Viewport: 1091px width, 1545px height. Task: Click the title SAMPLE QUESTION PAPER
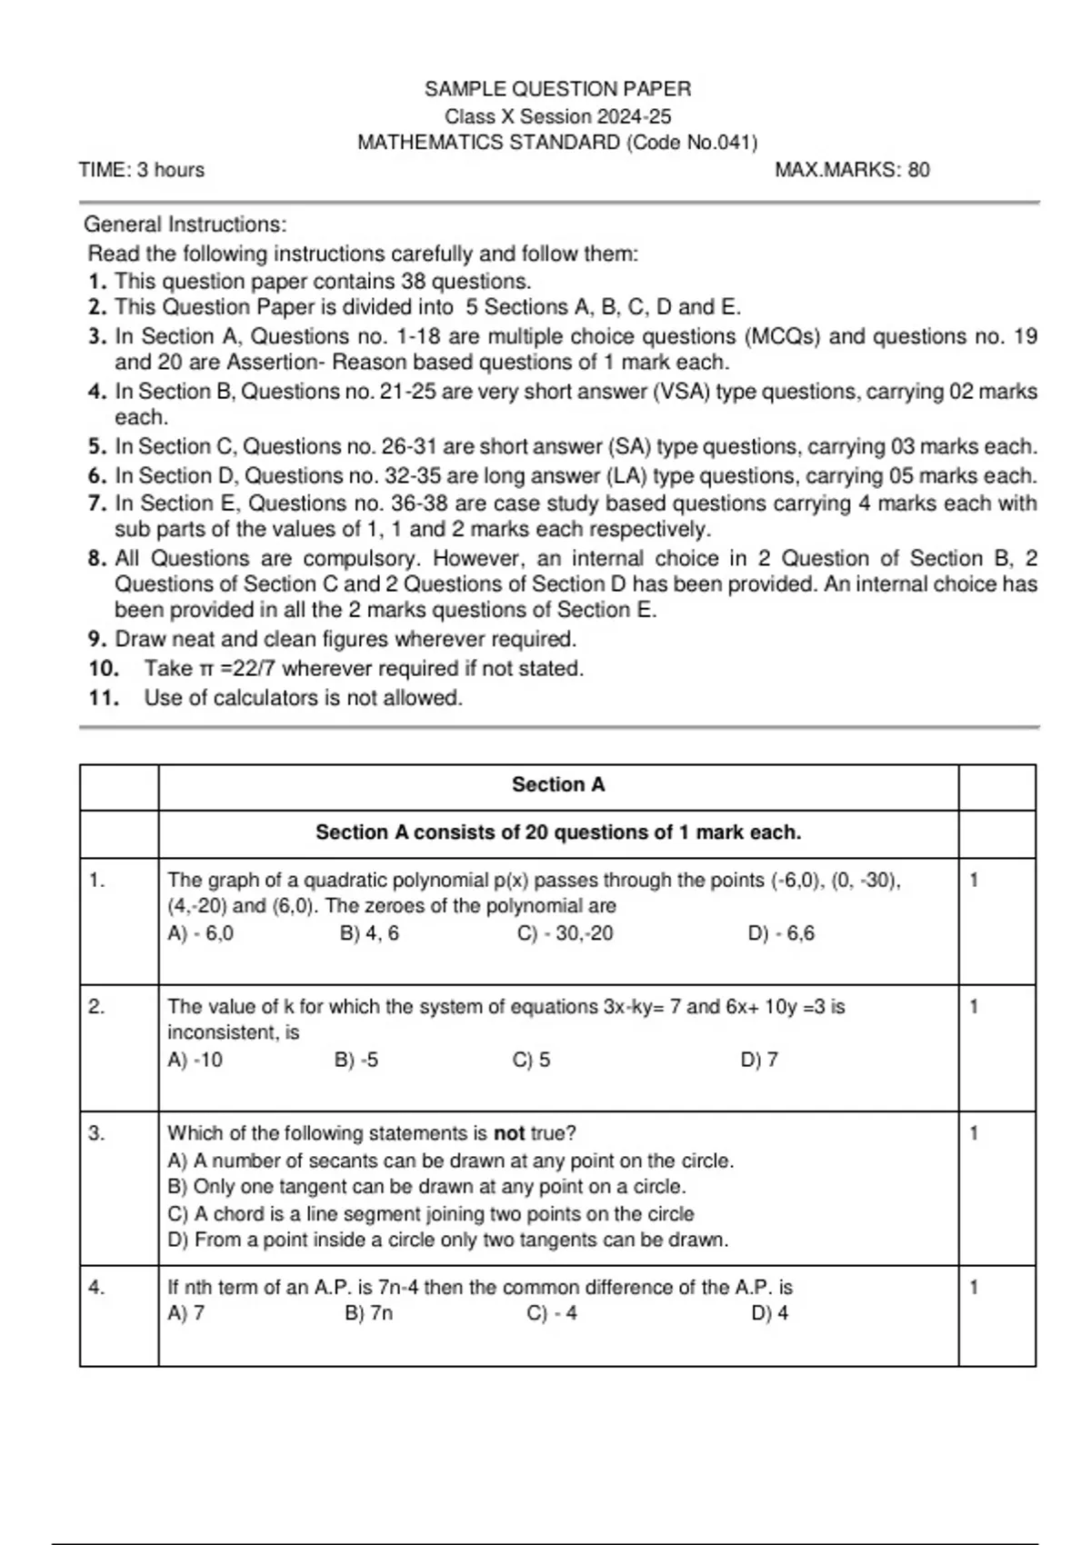(557, 89)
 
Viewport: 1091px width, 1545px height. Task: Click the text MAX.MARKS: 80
(852, 170)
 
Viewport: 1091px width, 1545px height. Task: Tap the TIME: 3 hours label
(142, 170)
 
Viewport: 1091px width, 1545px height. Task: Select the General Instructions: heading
(185, 224)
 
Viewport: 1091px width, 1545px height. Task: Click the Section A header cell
(558, 785)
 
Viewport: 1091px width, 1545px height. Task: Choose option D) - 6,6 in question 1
(781, 933)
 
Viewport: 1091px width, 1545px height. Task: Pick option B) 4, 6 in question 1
(369, 933)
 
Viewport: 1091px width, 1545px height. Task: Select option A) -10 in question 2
(195, 1060)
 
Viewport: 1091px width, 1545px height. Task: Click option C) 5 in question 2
(532, 1060)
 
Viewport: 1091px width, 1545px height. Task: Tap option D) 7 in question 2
(760, 1060)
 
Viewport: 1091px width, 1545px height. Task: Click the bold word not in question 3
(509, 1134)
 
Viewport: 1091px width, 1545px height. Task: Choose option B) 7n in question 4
(369, 1313)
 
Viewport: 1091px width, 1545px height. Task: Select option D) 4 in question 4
(770, 1313)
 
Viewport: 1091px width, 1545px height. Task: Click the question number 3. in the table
(97, 1133)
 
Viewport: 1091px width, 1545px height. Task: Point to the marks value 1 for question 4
(975, 1288)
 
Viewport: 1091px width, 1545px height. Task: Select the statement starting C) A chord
(431, 1214)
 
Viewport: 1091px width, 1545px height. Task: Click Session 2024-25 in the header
(596, 116)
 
